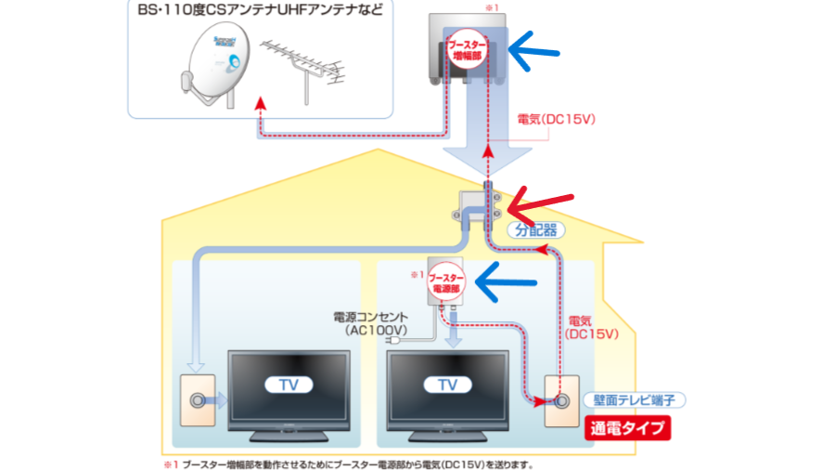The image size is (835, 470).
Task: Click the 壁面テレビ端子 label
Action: point(639,400)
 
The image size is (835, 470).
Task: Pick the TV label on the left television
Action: point(286,383)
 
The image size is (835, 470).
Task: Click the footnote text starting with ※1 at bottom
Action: point(348,462)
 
